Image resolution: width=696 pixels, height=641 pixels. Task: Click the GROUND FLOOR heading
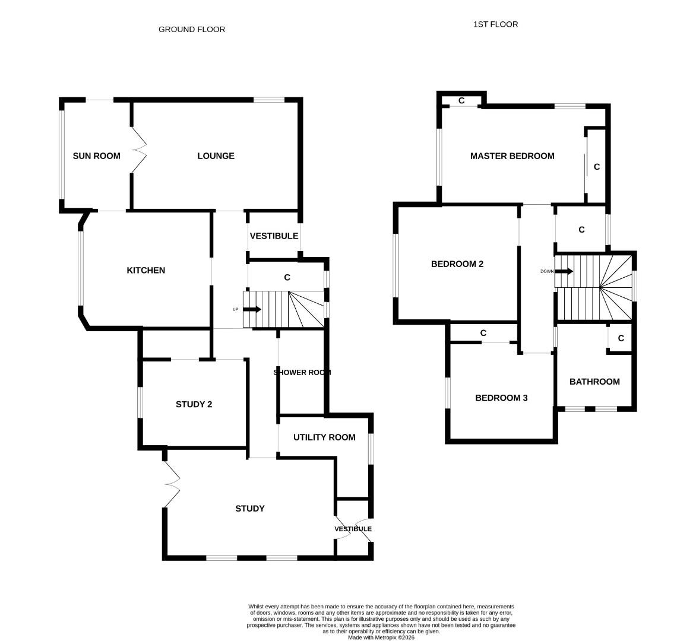point(191,29)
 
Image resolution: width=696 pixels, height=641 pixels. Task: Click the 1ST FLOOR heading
point(495,24)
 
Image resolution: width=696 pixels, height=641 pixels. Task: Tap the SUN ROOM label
point(96,156)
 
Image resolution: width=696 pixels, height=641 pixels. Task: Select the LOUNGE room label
point(216,156)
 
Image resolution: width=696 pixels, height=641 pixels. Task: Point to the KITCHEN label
point(146,270)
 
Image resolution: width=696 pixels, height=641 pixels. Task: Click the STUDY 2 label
point(194,404)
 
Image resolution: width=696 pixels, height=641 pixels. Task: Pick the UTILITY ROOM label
point(324,437)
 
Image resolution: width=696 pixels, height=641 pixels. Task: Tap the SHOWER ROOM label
point(302,372)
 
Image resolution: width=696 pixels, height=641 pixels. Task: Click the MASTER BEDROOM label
point(512,156)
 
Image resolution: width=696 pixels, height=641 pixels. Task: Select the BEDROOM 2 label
point(457,264)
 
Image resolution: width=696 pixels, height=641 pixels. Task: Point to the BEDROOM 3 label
point(501,398)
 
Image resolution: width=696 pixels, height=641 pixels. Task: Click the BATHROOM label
point(594,382)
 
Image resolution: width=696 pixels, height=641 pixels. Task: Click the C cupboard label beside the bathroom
point(621,338)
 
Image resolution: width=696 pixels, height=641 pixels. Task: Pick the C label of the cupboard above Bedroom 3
point(483,333)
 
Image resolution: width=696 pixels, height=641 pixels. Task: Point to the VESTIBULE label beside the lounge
point(274,236)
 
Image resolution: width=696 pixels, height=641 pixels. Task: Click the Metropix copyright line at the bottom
point(381,637)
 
